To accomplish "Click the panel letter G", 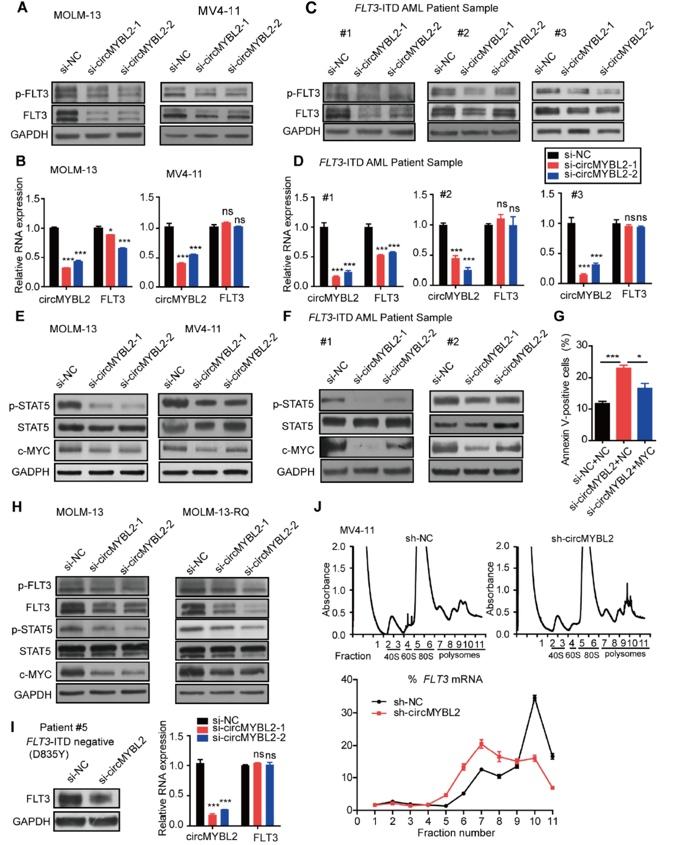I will (x=559, y=316).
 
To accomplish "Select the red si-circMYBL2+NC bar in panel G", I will (x=623, y=403).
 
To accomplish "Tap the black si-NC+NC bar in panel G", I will (x=602, y=421).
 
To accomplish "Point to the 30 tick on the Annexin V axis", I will (x=582, y=346).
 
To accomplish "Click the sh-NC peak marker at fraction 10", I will (x=535, y=697).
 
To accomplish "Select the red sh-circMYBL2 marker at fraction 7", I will (x=481, y=744).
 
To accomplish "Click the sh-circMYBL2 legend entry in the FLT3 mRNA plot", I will (x=426, y=713).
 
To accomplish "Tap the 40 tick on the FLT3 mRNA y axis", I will (x=347, y=679).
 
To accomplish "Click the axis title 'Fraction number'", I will (x=456, y=833).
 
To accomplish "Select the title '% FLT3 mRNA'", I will (x=445, y=679).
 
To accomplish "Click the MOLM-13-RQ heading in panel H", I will (x=215, y=512).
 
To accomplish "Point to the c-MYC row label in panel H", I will (x=36, y=674).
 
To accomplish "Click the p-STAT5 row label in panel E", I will (x=29, y=406).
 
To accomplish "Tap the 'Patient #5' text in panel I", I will (x=64, y=727).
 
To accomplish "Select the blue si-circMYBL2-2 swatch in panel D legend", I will (x=553, y=175).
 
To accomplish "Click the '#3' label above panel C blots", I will (x=560, y=33).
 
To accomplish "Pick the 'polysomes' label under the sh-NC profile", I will (x=459, y=655).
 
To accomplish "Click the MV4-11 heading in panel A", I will (x=219, y=11).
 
